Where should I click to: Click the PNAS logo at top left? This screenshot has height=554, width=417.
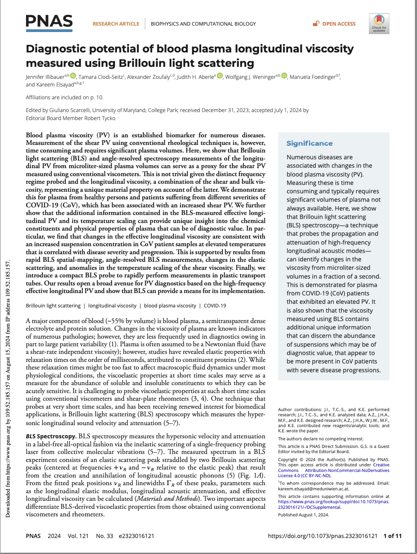[49, 22]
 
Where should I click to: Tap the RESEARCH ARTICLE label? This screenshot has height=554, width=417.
[116, 24]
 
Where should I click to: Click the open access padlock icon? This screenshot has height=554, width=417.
[316, 24]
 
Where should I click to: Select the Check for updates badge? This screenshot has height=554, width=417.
[379, 24]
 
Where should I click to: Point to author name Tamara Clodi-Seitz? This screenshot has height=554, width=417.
[101, 77]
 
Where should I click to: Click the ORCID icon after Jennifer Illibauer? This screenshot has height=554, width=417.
[73, 76]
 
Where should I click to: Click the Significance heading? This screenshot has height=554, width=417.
[309, 143]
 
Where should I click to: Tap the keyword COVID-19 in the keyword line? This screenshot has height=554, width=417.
[215, 305]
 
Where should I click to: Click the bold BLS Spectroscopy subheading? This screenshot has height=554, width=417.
[51, 436]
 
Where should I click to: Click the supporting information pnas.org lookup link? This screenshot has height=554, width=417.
[333, 502]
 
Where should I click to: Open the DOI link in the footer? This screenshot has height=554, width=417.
[323, 536]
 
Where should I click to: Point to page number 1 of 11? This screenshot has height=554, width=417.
[392, 536]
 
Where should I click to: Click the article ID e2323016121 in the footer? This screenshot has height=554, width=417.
[136, 536]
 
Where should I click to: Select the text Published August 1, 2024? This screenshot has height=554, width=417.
[303, 515]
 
